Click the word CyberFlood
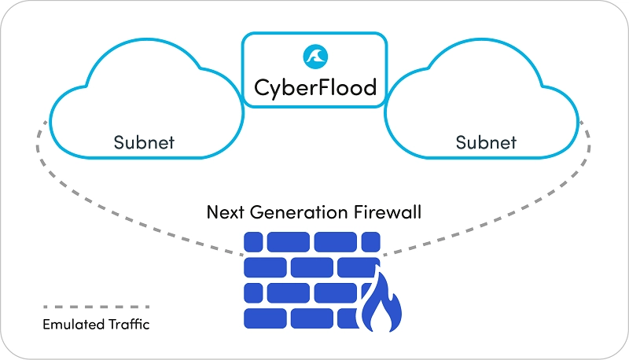(x=314, y=86)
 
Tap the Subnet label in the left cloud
(x=144, y=143)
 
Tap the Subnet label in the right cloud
(x=487, y=143)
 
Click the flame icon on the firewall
(x=381, y=303)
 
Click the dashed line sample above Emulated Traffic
(x=96, y=307)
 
